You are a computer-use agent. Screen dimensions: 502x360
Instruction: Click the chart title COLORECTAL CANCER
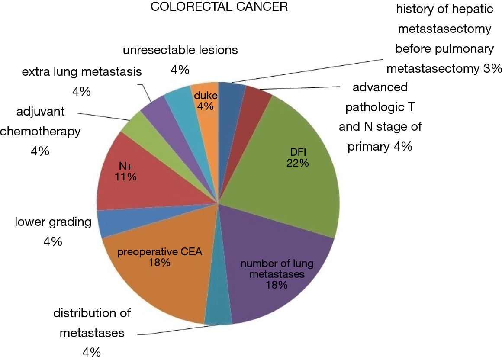(x=219, y=7)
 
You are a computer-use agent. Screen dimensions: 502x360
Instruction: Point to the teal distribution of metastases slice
(x=218, y=307)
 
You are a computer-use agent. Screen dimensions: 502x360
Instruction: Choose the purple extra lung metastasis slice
(x=160, y=115)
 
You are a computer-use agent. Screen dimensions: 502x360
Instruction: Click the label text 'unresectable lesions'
(x=180, y=50)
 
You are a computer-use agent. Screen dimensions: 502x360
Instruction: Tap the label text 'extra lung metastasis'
(x=82, y=72)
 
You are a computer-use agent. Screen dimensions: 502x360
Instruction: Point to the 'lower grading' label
(x=53, y=222)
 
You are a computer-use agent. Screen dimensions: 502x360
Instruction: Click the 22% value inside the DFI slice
(x=297, y=163)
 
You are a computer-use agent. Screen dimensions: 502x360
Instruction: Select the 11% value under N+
(x=125, y=177)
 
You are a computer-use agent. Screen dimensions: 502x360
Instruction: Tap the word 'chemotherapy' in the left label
(x=40, y=132)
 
